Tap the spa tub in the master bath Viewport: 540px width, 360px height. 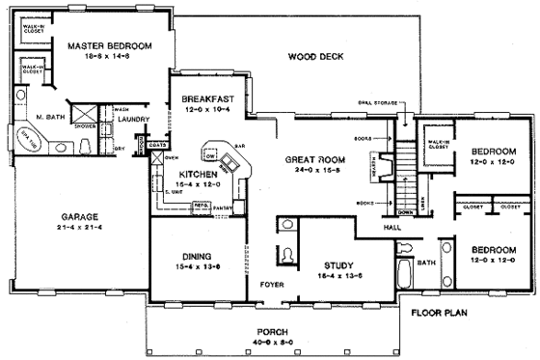coord(22,139)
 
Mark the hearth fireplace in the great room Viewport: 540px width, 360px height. coord(379,170)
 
